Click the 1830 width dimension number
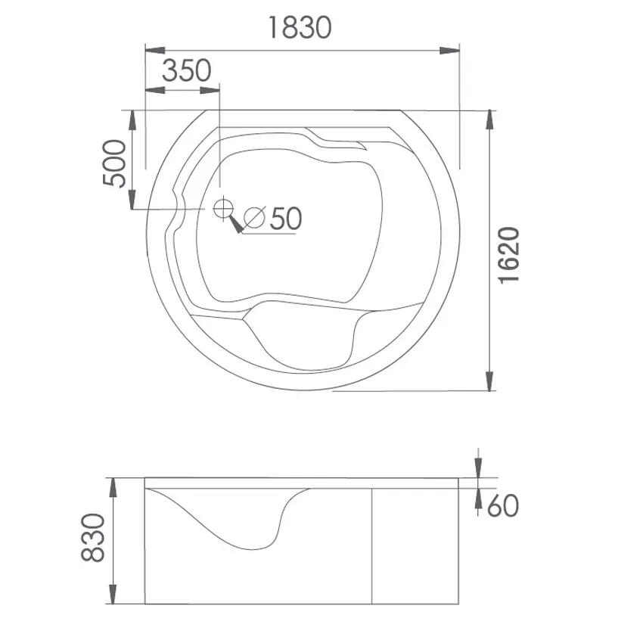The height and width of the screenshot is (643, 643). [300, 27]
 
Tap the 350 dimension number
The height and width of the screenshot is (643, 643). [187, 70]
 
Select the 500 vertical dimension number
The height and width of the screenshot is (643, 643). [114, 163]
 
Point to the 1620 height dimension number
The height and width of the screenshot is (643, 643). [508, 254]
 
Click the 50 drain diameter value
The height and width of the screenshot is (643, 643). [286, 218]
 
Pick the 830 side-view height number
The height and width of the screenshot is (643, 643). [93, 538]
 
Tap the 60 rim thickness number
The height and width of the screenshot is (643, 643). [503, 506]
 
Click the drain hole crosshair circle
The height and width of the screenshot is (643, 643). [223, 209]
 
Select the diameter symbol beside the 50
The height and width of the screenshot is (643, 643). [254, 217]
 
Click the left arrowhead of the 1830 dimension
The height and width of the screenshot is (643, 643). [155, 51]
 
